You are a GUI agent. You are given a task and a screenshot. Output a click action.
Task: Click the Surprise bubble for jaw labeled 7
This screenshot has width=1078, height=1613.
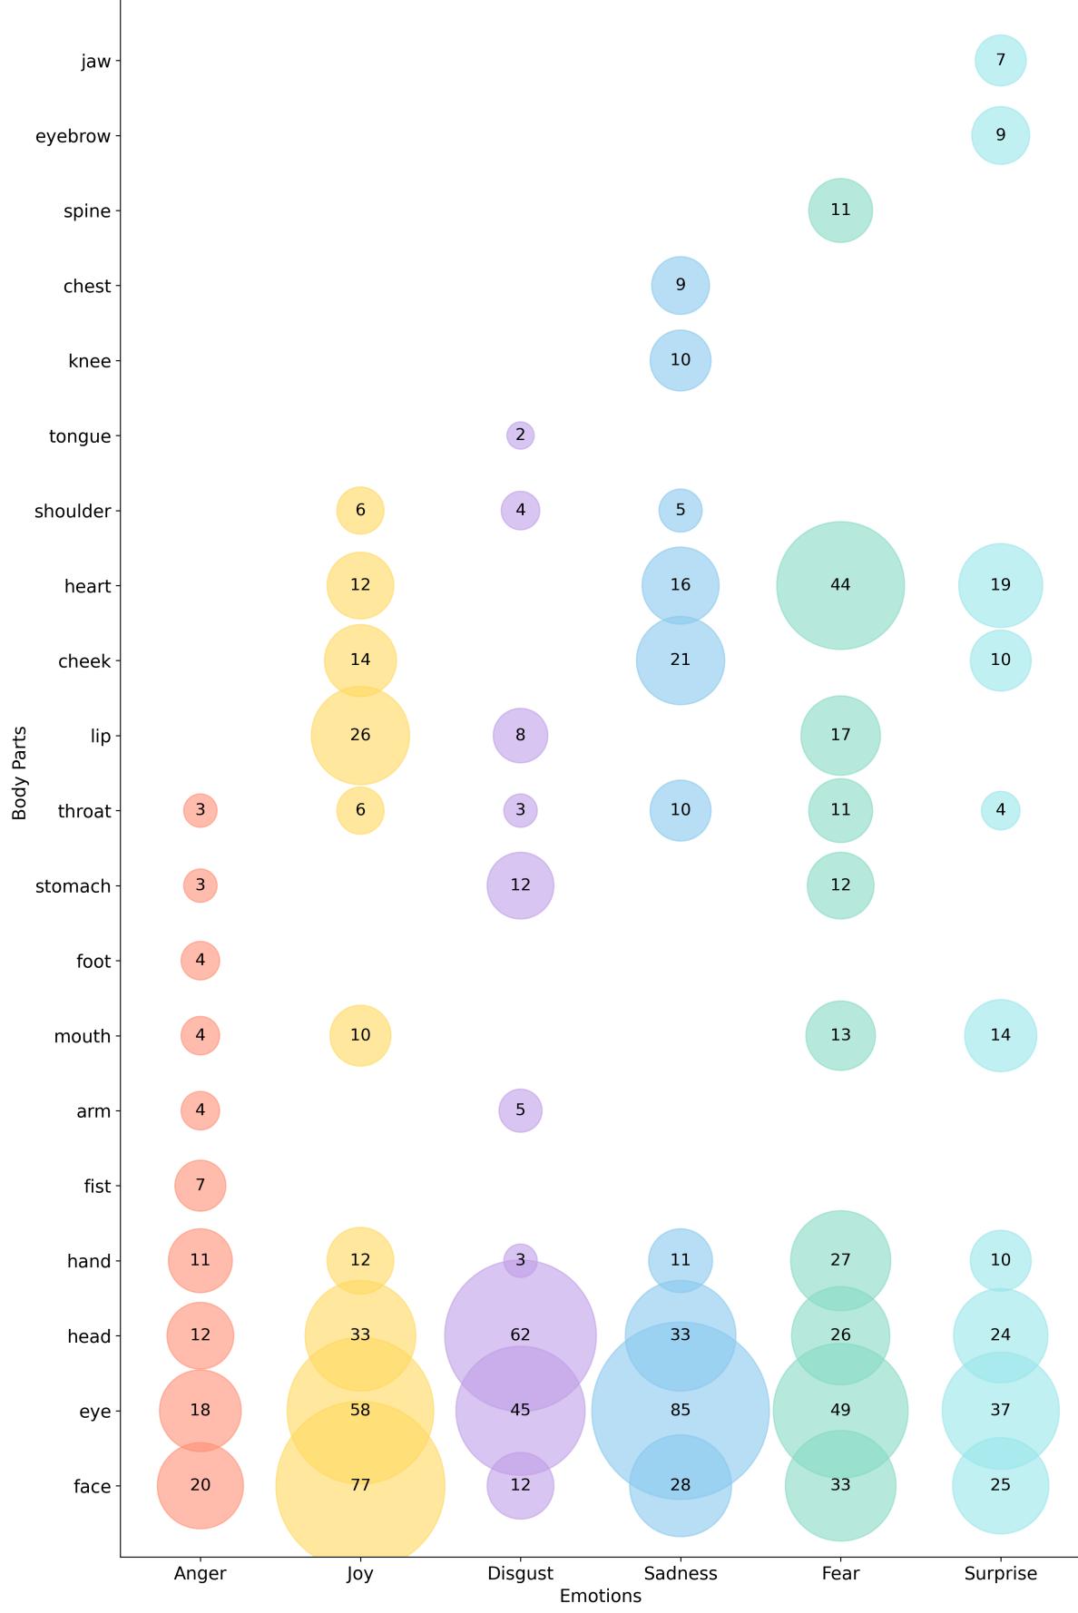(x=1000, y=61)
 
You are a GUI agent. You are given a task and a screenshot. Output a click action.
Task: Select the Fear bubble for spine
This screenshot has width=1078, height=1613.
(x=840, y=210)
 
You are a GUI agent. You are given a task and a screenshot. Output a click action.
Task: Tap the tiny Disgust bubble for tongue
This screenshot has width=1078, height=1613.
(x=520, y=435)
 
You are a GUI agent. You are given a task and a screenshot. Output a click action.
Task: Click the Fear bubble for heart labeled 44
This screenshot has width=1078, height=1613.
(x=840, y=585)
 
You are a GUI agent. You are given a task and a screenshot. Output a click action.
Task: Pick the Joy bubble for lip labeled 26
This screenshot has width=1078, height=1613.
(x=360, y=735)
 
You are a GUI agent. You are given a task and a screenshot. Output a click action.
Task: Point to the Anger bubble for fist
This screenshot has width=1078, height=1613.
(x=200, y=1185)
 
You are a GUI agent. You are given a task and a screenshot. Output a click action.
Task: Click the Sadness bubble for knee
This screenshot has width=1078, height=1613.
(x=680, y=360)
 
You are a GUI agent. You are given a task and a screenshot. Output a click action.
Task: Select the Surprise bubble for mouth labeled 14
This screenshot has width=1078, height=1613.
(x=1000, y=1035)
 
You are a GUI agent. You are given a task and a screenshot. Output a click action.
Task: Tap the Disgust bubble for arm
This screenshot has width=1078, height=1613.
(x=520, y=1110)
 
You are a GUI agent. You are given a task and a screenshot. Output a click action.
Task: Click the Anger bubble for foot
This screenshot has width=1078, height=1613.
(x=200, y=960)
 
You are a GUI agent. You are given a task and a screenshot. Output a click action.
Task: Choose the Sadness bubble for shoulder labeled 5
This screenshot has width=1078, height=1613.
(x=680, y=510)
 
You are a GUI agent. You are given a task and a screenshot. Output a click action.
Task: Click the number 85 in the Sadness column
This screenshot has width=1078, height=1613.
(x=680, y=1410)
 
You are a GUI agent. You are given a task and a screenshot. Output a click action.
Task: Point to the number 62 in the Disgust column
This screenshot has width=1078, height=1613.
(x=520, y=1334)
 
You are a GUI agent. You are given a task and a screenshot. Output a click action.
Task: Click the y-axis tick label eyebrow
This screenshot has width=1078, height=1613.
(x=73, y=136)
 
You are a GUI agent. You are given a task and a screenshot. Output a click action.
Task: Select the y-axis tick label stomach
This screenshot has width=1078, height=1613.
(x=73, y=886)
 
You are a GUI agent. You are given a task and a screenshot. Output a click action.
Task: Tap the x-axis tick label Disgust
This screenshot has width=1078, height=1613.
(x=520, y=1574)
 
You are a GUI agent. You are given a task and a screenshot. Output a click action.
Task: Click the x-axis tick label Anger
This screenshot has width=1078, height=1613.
(x=200, y=1574)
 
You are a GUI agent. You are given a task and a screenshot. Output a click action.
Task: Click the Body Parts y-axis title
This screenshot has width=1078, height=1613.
(x=20, y=772)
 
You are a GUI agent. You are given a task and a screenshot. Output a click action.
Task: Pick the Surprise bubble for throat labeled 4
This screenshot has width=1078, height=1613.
(x=1000, y=810)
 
